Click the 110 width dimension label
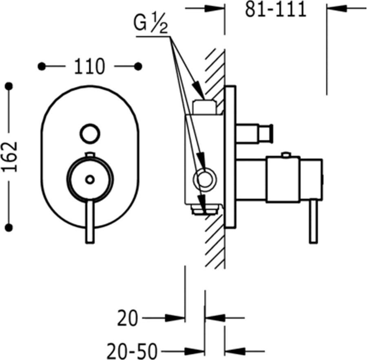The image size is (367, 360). (x=90, y=67)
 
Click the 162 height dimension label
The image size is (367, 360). (x=10, y=156)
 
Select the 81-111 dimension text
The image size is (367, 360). (x=276, y=10)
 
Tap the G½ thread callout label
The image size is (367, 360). (x=151, y=24)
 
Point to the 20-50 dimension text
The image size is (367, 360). (x=132, y=351)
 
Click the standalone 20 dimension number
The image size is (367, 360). (x=127, y=318)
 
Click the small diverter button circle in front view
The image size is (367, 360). (x=90, y=134)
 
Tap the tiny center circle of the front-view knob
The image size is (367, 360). (x=90, y=180)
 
